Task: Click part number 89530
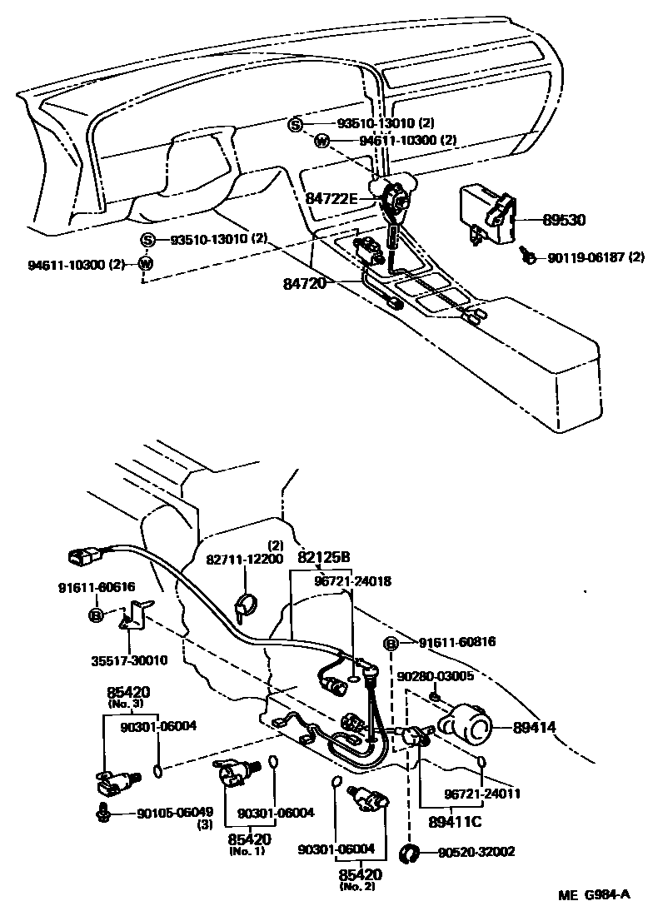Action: (x=565, y=221)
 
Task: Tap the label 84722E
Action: (x=331, y=198)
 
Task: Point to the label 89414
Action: (x=534, y=728)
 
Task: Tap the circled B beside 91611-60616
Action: (x=96, y=615)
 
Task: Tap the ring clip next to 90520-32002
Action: (x=410, y=853)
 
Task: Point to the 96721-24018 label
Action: (x=351, y=581)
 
